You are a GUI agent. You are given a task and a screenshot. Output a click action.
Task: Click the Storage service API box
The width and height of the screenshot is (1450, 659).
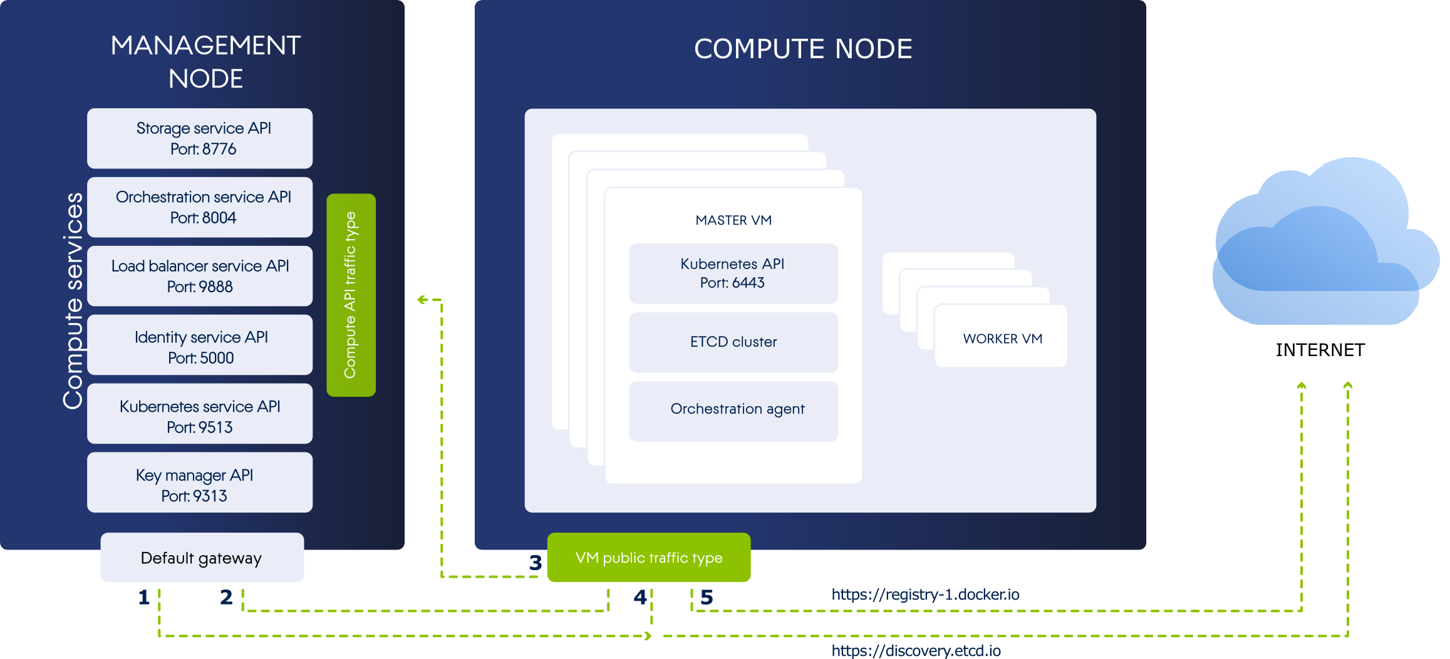pyautogui.click(x=200, y=138)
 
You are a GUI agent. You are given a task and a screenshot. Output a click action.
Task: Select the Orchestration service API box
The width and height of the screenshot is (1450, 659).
pyautogui.click(x=200, y=207)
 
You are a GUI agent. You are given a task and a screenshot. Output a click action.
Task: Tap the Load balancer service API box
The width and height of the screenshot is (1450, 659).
pyautogui.click(x=200, y=276)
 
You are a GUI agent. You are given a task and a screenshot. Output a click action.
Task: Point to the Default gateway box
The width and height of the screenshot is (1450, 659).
pyautogui.click(x=202, y=558)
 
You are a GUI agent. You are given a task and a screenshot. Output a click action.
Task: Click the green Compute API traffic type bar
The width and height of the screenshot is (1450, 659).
pyautogui.click(x=351, y=295)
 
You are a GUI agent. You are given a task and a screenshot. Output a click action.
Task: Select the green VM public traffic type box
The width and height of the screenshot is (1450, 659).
pyautogui.click(x=648, y=558)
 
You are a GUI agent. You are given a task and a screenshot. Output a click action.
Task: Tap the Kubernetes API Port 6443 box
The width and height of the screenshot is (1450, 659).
pyautogui.click(x=733, y=273)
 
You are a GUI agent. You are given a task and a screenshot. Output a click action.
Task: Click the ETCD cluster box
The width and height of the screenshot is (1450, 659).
pyautogui.click(x=733, y=342)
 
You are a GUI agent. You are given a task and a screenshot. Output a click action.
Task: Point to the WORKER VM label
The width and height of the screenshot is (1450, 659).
pyautogui.click(x=1002, y=339)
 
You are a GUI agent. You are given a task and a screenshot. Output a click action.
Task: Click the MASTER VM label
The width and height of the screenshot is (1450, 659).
pyautogui.click(x=733, y=220)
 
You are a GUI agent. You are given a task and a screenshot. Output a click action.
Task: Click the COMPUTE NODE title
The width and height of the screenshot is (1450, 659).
pyautogui.click(x=802, y=49)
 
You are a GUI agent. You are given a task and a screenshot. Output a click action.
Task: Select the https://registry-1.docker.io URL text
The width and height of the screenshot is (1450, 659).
pyautogui.click(x=925, y=595)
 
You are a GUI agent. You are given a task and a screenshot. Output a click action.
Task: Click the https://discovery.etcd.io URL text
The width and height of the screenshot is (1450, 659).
pyautogui.click(x=916, y=651)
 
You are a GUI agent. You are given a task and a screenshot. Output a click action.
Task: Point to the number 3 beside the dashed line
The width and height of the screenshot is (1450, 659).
pyautogui.click(x=536, y=563)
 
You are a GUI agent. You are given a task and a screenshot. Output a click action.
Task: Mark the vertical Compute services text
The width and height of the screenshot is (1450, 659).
pyautogui.click(x=73, y=300)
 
